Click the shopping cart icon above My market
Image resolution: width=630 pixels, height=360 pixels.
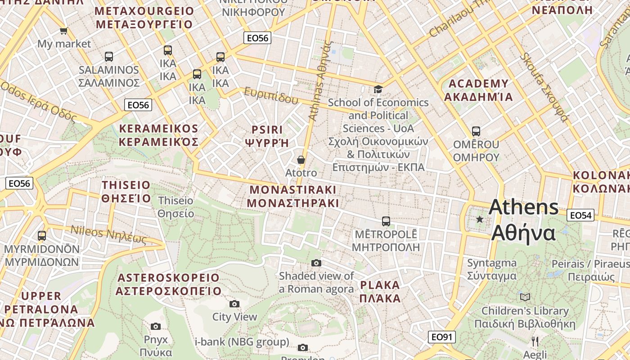63,31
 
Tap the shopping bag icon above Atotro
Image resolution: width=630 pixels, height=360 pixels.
301,160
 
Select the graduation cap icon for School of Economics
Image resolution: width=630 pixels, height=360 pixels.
378,89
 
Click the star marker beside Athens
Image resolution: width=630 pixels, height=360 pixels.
480,219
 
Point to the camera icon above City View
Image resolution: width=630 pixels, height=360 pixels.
234,304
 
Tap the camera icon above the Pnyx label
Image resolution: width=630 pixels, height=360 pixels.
156,326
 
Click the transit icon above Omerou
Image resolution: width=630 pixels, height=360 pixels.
476,131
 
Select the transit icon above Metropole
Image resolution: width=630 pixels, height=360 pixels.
386,221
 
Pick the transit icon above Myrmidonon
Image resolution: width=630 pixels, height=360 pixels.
42,235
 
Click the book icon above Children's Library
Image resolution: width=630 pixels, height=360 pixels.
525,297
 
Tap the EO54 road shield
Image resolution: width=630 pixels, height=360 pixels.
580,215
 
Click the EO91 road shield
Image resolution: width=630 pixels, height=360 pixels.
441,337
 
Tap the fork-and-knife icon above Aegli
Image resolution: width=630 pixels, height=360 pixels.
535,341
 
